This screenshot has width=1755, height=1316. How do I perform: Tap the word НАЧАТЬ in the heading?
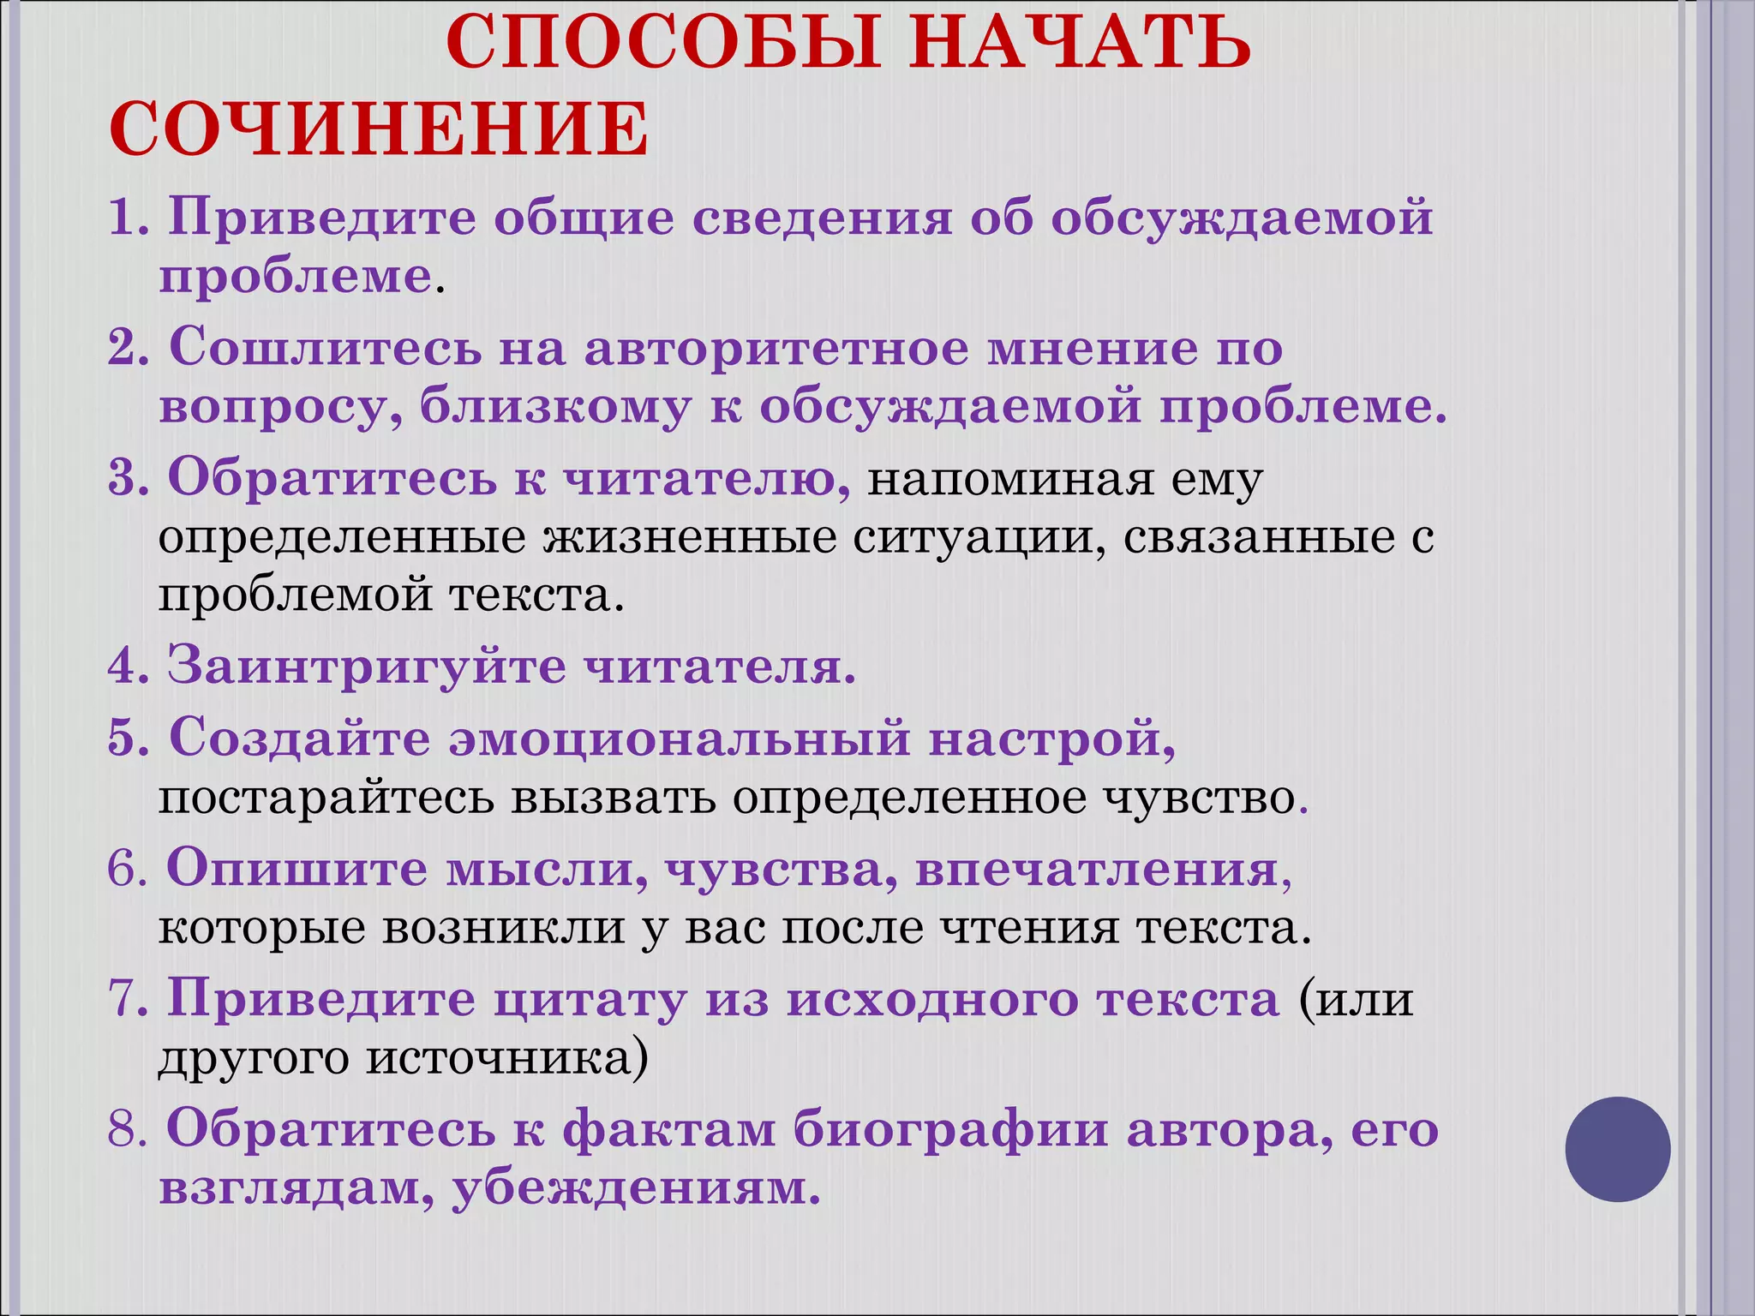coord(1081,43)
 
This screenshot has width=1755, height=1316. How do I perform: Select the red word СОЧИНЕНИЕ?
coord(379,129)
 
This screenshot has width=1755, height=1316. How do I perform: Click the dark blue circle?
coord(1618,1149)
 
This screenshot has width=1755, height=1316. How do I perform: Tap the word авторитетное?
coord(775,349)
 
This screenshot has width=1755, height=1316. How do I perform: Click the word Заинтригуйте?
coord(366,666)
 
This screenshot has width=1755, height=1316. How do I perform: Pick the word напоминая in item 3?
coord(1009,480)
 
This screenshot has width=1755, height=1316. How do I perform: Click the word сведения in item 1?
coord(822,218)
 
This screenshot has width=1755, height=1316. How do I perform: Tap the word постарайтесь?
coord(326,799)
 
